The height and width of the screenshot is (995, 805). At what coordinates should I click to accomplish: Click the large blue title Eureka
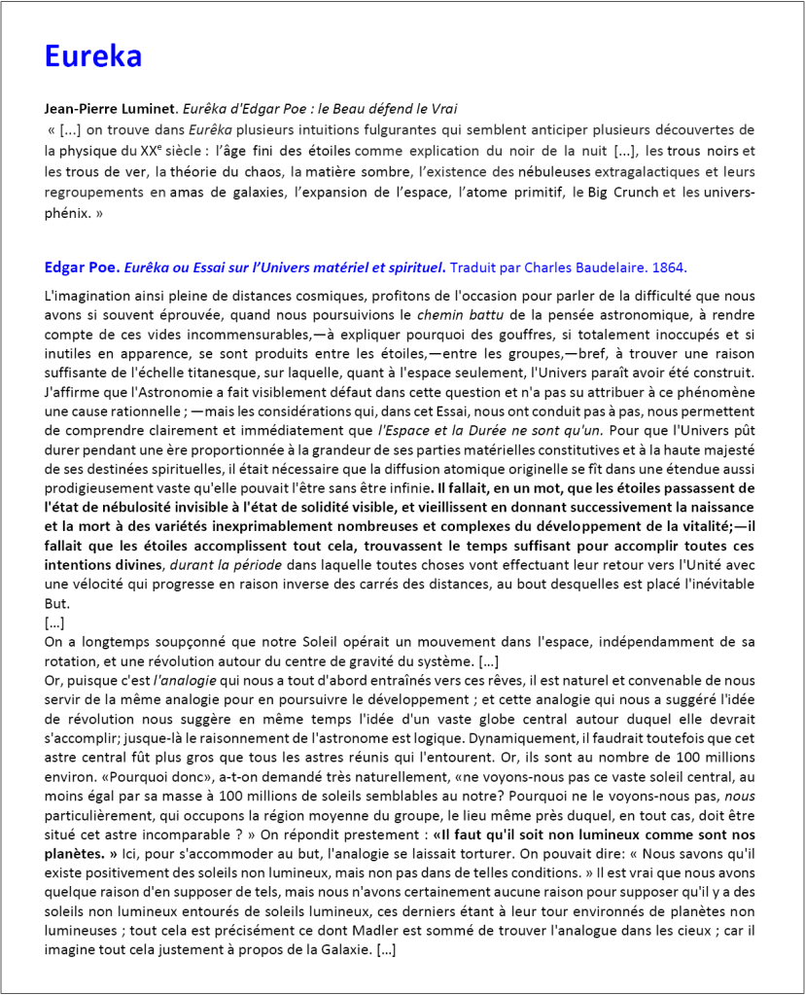(x=93, y=56)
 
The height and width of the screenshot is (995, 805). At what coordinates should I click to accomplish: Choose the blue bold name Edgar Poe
(x=82, y=267)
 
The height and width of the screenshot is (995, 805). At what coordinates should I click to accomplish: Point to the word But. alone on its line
(x=57, y=604)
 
